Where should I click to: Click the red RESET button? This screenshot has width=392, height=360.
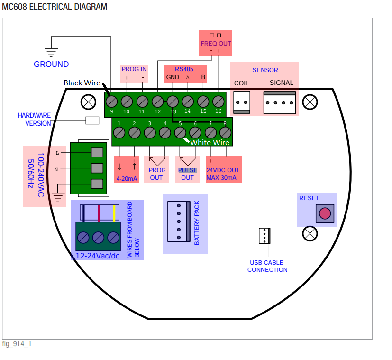pyautogui.click(x=324, y=213)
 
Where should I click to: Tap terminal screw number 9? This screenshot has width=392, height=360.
pyautogui.click(x=112, y=102)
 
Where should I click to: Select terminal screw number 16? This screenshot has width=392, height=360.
pyautogui.click(x=218, y=102)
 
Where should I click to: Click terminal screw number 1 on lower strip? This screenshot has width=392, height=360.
pyautogui.click(x=119, y=133)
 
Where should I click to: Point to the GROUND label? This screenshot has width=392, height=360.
pyautogui.click(x=51, y=64)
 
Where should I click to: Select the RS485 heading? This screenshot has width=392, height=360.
pyautogui.click(x=184, y=69)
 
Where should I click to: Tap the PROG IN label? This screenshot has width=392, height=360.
pyautogui.click(x=134, y=69)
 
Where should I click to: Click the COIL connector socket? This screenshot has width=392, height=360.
pyautogui.click(x=242, y=102)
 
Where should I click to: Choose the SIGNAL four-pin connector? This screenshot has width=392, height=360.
pyautogui.click(x=280, y=102)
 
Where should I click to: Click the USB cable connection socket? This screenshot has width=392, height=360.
pyautogui.click(x=264, y=236)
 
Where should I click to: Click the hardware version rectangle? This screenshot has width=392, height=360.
pyautogui.click(x=92, y=120)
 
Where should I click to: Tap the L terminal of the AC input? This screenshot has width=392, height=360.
pyautogui.click(x=96, y=152)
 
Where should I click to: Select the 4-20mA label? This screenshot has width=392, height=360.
pyautogui.click(x=127, y=178)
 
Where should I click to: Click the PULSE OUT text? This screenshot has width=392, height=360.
pyautogui.click(x=188, y=174)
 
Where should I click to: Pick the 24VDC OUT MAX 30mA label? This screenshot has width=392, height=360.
pyautogui.click(x=223, y=174)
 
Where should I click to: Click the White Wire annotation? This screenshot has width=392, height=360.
pyautogui.click(x=210, y=142)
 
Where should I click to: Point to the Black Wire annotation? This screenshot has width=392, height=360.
pyautogui.click(x=82, y=83)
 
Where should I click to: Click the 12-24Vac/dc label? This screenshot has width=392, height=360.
pyautogui.click(x=97, y=256)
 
